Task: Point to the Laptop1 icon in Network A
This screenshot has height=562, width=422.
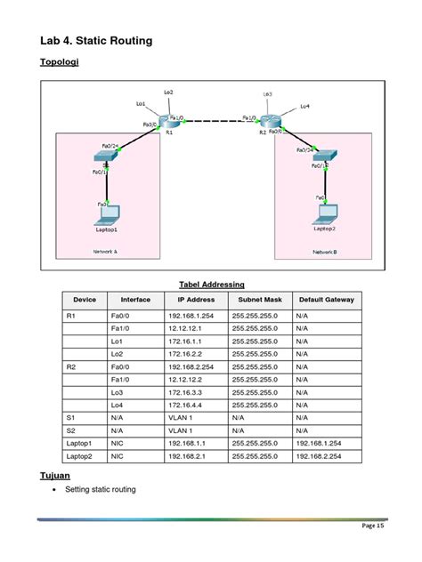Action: click(x=108, y=213)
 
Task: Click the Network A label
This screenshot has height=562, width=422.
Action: click(x=105, y=252)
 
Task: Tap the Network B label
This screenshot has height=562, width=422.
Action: click(x=324, y=253)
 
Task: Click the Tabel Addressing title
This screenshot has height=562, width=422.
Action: click(x=212, y=285)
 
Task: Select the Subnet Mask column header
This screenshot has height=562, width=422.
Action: click(x=260, y=300)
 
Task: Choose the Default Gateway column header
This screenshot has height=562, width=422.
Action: click(x=327, y=300)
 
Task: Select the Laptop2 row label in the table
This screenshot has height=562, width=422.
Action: click(x=79, y=456)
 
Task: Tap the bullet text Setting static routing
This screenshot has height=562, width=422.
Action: click(x=101, y=490)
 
